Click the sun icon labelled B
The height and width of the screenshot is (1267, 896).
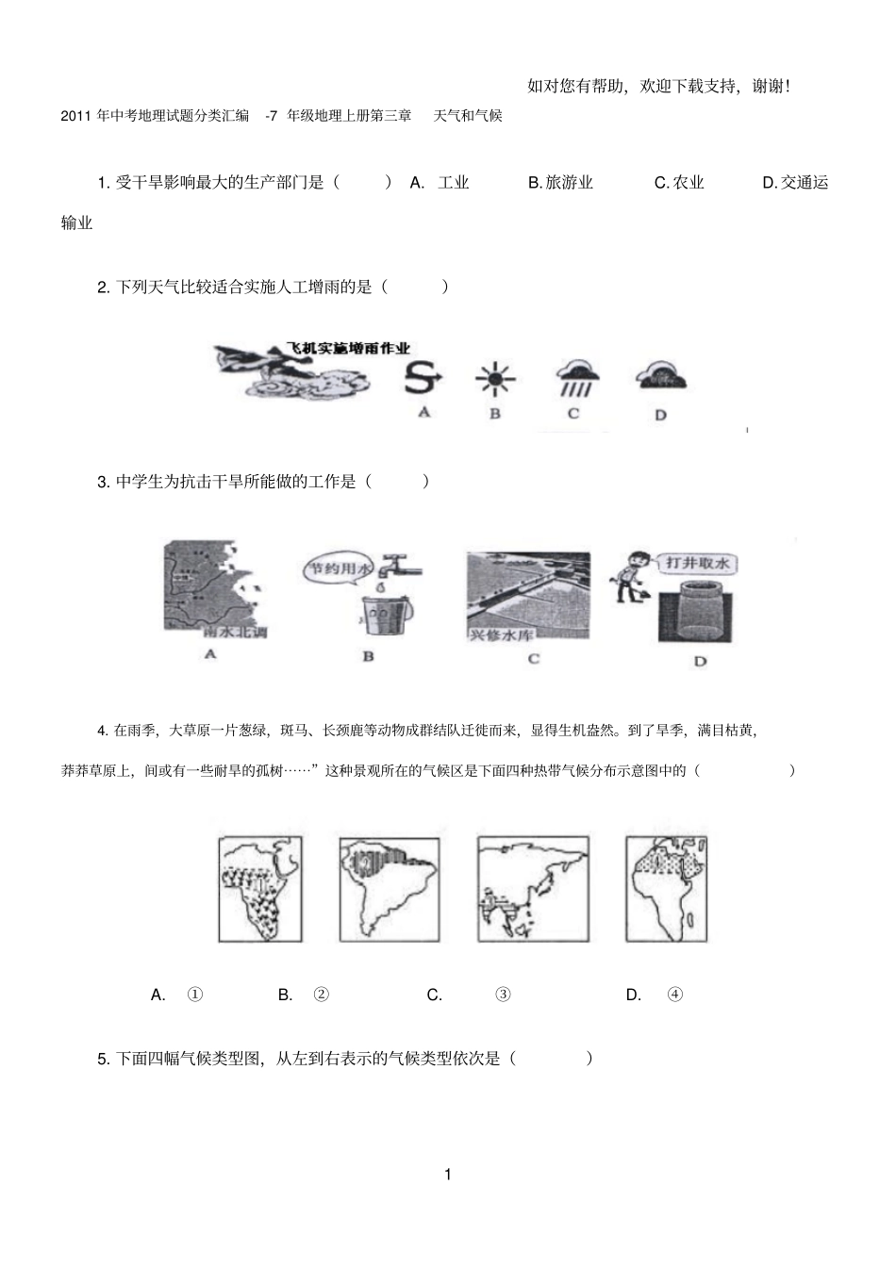[x=494, y=380]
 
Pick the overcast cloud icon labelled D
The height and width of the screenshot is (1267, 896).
[x=661, y=377]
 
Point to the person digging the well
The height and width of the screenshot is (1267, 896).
[x=624, y=576]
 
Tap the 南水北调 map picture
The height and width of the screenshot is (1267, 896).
[x=213, y=590]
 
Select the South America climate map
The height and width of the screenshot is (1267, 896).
[x=390, y=887]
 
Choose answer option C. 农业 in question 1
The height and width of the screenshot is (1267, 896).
[x=679, y=183]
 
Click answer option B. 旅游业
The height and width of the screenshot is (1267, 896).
[x=560, y=183]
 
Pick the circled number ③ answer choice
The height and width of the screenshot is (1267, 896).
[x=503, y=995]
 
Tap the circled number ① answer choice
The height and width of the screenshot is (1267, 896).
[x=195, y=995]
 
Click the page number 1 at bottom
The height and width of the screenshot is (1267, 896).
[x=447, y=1175]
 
